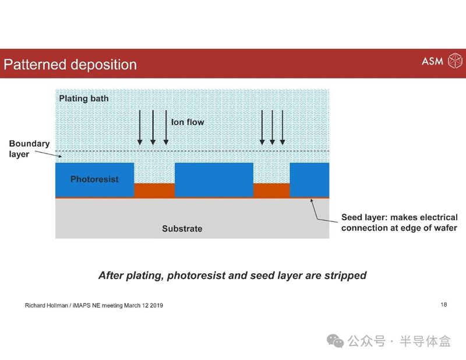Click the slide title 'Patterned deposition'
point(70,65)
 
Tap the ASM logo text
point(432,61)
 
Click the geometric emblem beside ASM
point(455,61)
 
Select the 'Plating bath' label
point(84,98)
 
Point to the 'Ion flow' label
point(188,122)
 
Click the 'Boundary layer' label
point(29,149)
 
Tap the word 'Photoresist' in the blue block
point(94,179)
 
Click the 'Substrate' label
point(182,228)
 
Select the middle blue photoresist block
point(214,180)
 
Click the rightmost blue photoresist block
point(309,180)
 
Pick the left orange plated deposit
point(154,190)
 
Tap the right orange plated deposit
point(271,190)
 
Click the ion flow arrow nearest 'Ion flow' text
point(166,128)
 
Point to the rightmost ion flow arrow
point(283,128)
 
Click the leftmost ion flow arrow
point(140,128)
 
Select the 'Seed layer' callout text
point(400,223)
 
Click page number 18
point(444,305)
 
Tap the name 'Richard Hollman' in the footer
point(47,305)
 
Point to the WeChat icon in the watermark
point(336,341)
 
